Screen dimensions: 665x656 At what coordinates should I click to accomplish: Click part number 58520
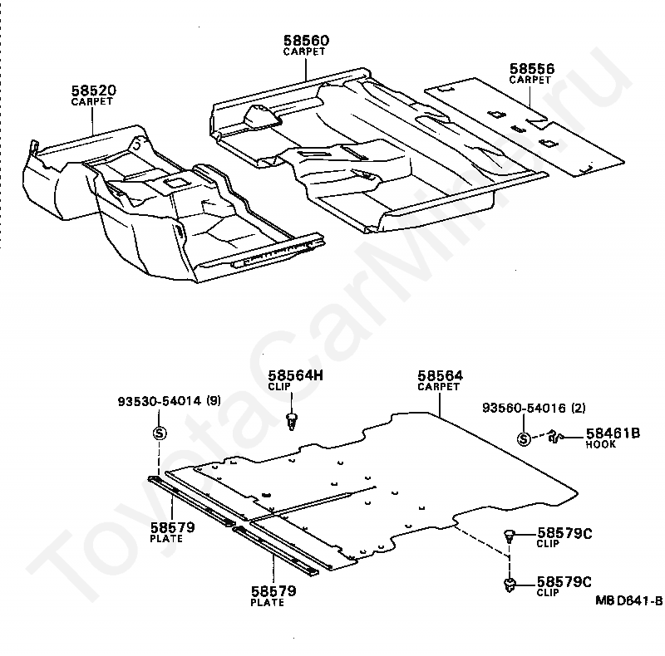click(x=92, y=90)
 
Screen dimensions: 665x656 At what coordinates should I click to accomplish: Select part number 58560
click(x=305, y=40)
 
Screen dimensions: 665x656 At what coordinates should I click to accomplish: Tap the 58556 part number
click(x=532, y=69)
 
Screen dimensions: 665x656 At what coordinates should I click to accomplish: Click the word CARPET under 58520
click(x=92, y=101)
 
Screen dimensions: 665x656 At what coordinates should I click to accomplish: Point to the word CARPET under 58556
click(x=530, y=81)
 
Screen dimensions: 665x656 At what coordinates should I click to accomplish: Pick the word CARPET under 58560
click(x=304, y=51)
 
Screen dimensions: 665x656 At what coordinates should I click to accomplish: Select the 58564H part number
click(x=294, y=375)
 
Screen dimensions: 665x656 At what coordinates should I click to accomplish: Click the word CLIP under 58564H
click(x=279, y=387)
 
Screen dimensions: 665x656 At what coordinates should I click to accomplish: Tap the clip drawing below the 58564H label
click(x=292, y=419)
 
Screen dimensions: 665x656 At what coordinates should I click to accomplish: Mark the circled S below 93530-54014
click(x=160, y=433)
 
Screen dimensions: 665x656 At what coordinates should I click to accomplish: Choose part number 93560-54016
click(x=527, y=408)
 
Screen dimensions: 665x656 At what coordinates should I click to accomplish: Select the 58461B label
click(x=613, y=433)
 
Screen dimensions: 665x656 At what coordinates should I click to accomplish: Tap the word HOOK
click(x=601, y=445)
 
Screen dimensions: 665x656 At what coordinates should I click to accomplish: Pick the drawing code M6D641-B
click(x=628, y=600)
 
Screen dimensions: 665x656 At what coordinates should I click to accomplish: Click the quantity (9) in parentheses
click(x=214, y=403)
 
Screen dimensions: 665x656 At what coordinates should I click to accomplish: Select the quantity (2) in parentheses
click(x=579, y=408)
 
